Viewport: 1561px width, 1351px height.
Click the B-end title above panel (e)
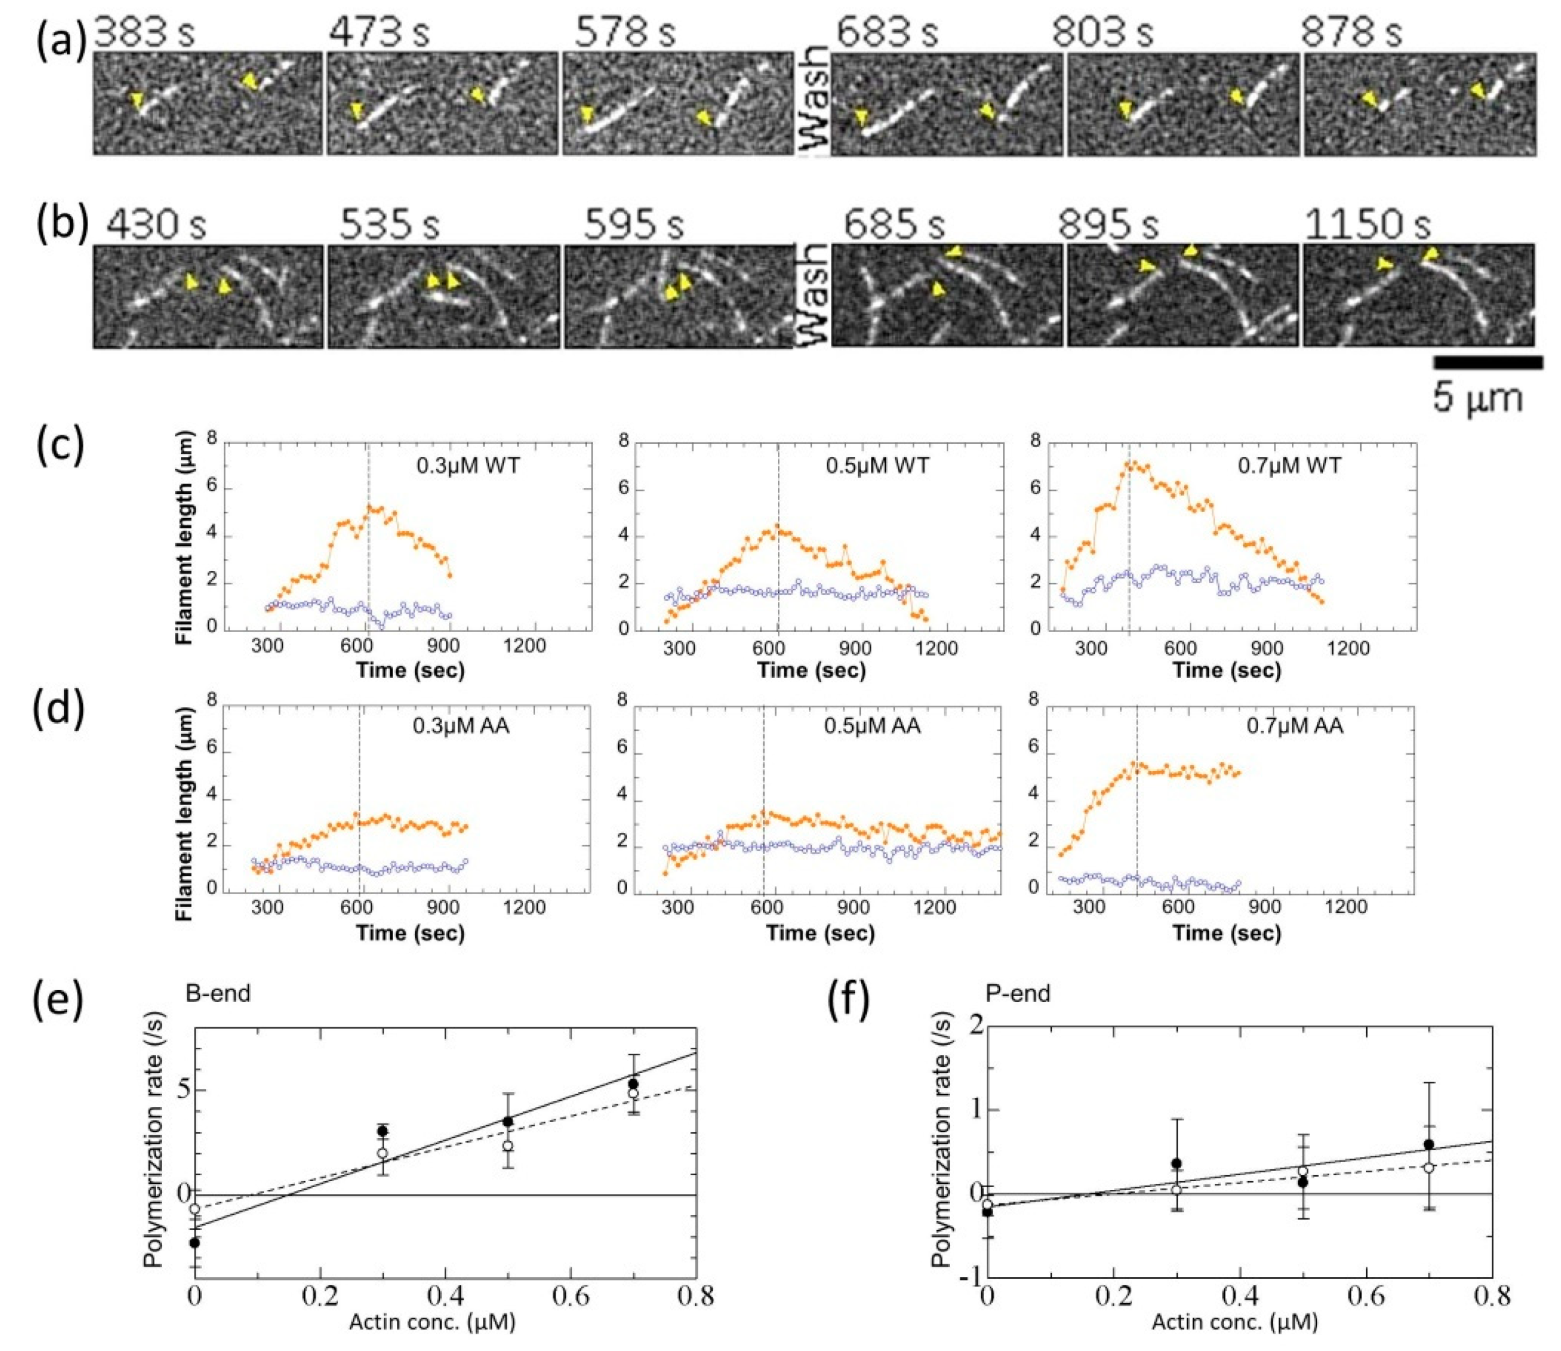(218, 993)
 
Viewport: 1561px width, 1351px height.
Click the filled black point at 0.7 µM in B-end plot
(633, 1084)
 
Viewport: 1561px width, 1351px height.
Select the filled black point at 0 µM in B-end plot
(194, 1242)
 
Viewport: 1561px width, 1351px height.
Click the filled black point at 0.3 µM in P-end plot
(1176, 1163)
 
